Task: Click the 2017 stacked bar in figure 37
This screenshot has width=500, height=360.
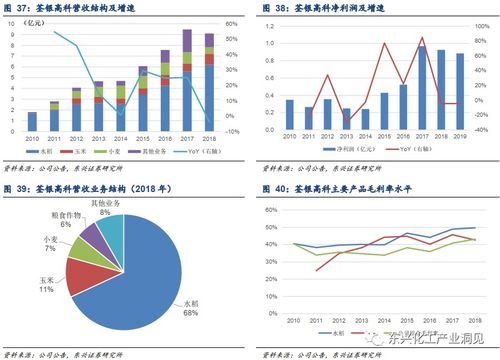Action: click(x=186, y=80)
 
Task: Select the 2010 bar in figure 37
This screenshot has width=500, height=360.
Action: click(x=31, y=122)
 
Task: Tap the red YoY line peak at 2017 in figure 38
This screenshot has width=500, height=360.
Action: click(x=421, y=38)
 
